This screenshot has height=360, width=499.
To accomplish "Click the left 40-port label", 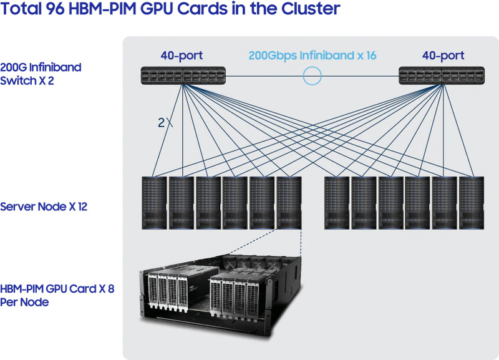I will [x=182, y=56].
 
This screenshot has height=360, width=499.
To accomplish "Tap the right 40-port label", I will [x=443, y=56].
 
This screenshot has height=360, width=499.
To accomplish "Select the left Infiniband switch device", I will [x=182, y=75].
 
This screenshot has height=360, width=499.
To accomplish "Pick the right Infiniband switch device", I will [x=442, y=75].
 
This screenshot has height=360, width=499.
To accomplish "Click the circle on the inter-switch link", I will [x=312, y=76].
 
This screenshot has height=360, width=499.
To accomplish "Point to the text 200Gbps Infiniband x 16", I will [x=312, y=56].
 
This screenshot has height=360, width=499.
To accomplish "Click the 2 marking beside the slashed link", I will [x=161, y=123].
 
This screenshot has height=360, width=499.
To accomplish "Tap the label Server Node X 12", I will [x=44, y=207].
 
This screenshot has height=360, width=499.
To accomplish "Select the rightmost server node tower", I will [x=472, y=203].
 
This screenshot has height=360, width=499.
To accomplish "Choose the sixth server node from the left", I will [x=289, y=203].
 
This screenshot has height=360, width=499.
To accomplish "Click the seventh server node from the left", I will [x=337, y=203].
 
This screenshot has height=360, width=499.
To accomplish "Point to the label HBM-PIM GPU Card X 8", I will [x=57, y=289].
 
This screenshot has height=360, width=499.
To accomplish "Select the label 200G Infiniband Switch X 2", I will [x=41, y=74].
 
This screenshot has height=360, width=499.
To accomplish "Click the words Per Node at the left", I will [x=24, y=303].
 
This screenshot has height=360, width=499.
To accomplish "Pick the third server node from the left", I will [x=208, y=203].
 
